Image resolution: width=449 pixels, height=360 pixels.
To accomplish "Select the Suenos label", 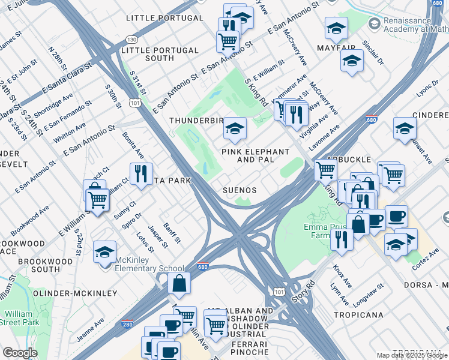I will (x=240, y=190).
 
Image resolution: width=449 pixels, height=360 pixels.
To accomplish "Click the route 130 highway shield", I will (x=132, y=40).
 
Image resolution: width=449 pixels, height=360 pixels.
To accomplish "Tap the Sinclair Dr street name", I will (x=373, y=53).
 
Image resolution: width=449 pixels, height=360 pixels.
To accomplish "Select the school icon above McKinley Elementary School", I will (x=105, y=251).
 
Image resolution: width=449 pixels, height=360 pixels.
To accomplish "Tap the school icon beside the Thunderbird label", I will (x=235, y=127).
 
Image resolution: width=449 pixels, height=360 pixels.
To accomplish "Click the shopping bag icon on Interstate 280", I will (x=179, y=283).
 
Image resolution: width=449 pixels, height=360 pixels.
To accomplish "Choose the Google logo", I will (x=20, y=353).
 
